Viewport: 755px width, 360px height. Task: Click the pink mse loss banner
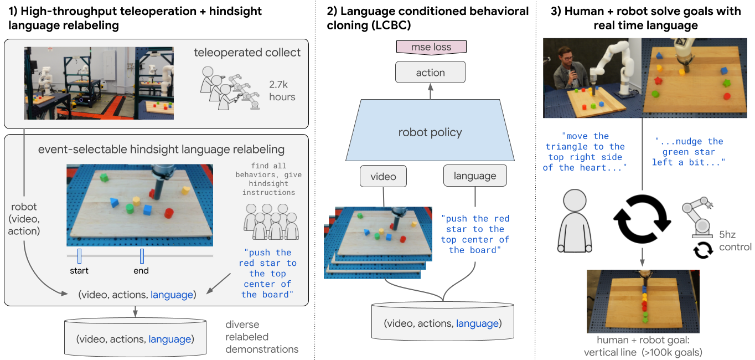431,48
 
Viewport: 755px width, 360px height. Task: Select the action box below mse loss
430,73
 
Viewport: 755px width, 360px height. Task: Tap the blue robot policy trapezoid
430,132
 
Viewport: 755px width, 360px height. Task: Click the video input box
383,177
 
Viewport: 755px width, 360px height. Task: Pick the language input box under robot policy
474,176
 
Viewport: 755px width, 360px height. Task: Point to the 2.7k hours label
282,91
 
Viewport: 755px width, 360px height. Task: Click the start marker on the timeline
79,256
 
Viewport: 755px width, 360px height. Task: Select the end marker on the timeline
142,256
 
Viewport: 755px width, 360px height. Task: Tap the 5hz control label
735,240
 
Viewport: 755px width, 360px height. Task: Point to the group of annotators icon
271,222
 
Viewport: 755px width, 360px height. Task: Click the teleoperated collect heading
247,53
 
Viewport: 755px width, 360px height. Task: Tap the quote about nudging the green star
689,152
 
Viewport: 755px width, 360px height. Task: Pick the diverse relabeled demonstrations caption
261,337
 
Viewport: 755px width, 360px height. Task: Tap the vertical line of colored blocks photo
643,301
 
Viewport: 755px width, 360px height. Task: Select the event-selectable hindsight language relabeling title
161,150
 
